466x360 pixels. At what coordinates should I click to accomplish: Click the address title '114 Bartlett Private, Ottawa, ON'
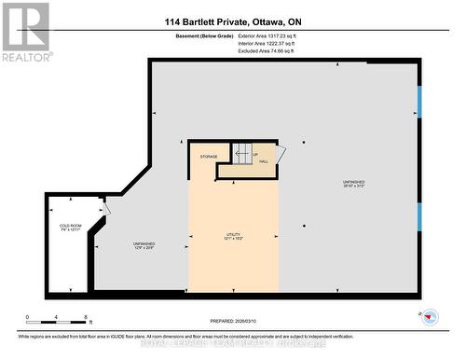click(233, 21)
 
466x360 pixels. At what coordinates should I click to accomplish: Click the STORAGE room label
click(208, 157)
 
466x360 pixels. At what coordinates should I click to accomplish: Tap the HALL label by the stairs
click(264, 161)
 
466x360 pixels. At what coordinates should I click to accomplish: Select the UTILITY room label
click(233, 236)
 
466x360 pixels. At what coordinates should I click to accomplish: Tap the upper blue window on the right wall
click(419, 102)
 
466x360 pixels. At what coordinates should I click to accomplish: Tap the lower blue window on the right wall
click(419, 216)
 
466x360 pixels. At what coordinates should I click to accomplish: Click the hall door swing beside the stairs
click(281, 152)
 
